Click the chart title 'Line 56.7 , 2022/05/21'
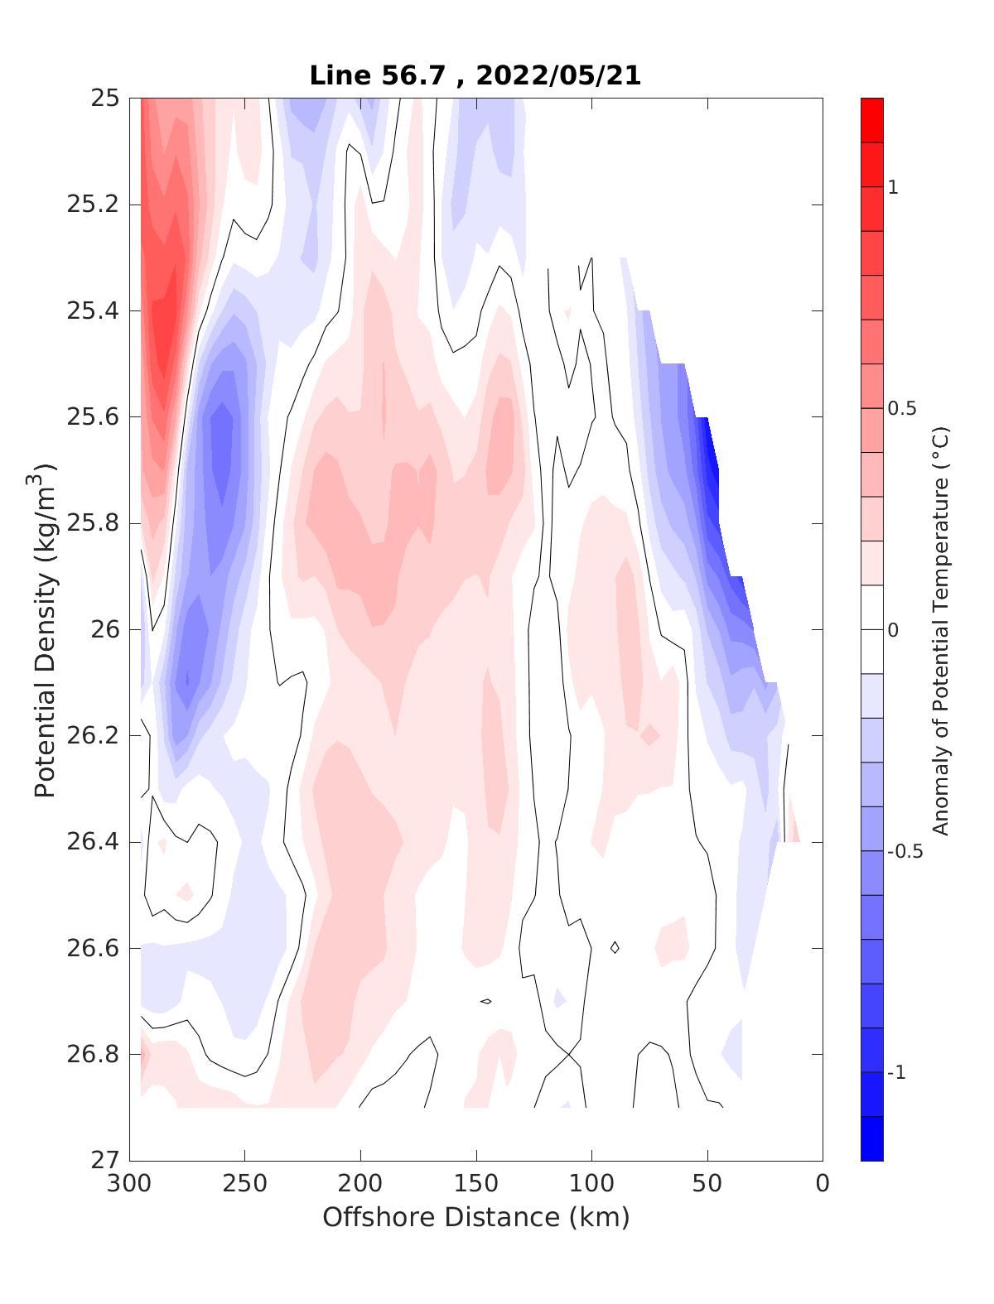(x=475, y=75)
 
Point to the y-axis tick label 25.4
(x=93, y=310)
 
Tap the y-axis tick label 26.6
(x=93, y=947)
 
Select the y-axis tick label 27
(x=104, y=1160)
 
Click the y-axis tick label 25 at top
(x=104, y=99)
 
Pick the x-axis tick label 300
(x=130, y=1183)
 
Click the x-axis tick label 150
(x=476, y=1183)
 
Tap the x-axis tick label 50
(x=707, y=1183)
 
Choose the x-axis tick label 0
(x=823, y=1183)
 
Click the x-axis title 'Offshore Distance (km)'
(x=476, y=1217)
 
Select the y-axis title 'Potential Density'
(x=46, y=629)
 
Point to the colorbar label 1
(x=893, y=187)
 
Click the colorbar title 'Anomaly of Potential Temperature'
(x=940, y=629)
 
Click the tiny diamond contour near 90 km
(x=615, y=947)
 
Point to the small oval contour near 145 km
(x=486, y=1002)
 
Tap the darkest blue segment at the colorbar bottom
(x=871, y=1138)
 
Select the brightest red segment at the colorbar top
(x=871, y=120)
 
